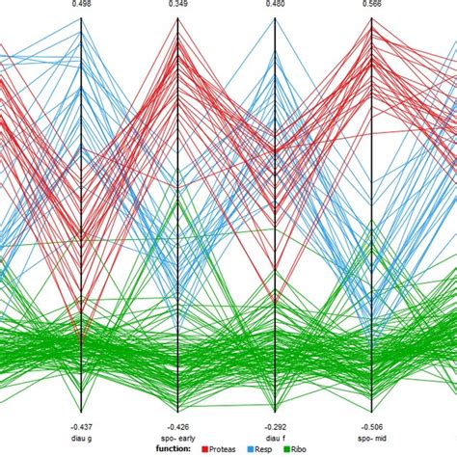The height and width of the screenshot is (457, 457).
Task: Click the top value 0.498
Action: coord(81,5)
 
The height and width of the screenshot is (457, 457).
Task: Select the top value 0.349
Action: coord(178,5)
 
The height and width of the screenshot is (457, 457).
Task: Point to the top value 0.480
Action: coord(276,5)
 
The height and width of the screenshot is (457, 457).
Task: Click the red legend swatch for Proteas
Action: coord(205,449)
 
